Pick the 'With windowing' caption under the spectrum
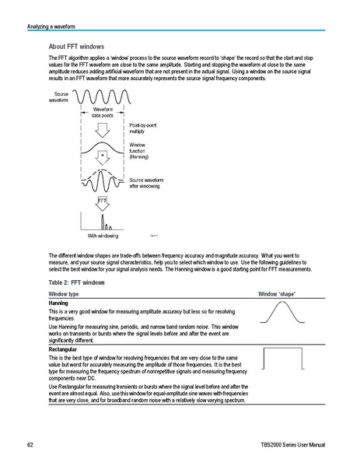coord(103,235)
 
